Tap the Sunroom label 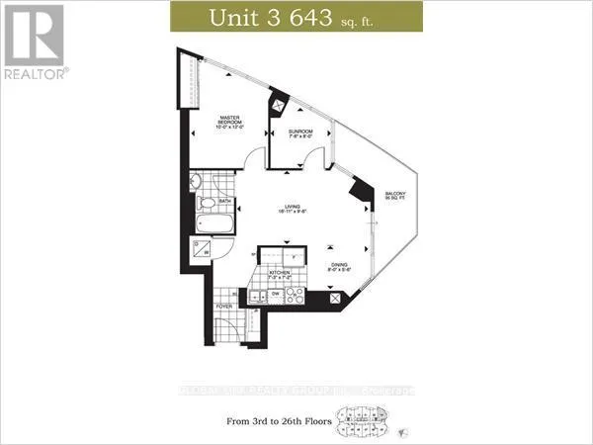point(300,133)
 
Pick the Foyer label point(225,308)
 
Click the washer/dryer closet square point(202,250)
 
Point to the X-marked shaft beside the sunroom point(280,101)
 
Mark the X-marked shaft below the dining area point(337,297)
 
